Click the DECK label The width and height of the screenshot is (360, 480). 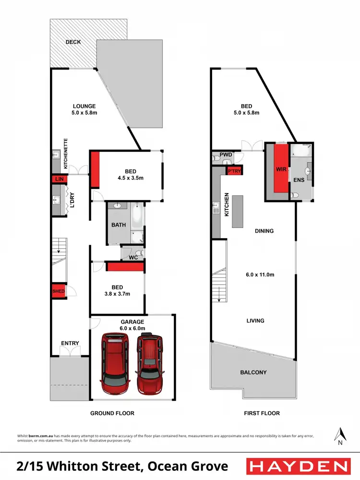[73, 42]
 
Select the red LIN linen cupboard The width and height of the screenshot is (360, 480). [59, 179]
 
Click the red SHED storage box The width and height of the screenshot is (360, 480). [59, 291]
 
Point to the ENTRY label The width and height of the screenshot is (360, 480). [70, 343]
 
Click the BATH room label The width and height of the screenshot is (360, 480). [119, 225]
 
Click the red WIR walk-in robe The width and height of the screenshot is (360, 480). [281, 169]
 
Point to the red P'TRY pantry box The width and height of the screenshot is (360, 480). [234, 171]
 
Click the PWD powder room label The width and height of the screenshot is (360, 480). [226, 155]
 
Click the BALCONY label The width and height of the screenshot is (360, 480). [253, 372]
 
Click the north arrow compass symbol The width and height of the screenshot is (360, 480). [340, 435]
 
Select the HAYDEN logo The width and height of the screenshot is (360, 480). [298, 466]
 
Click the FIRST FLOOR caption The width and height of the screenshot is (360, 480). [261, 413]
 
